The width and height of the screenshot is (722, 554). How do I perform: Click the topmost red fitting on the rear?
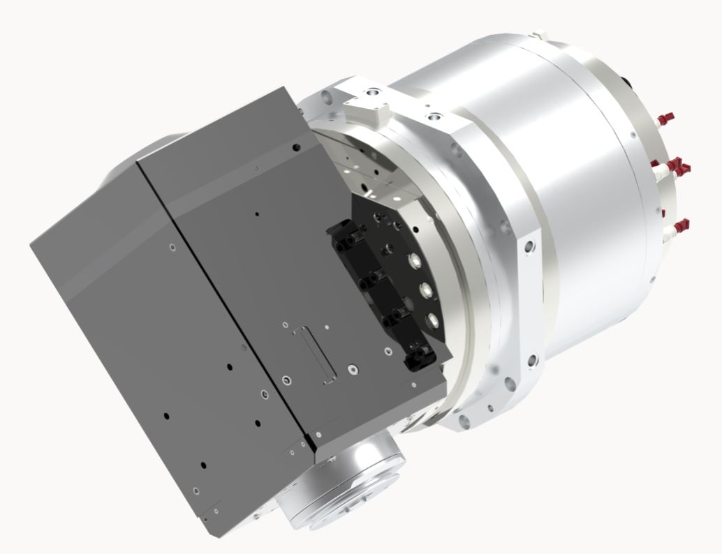pyautogui.click(x=670, y=114)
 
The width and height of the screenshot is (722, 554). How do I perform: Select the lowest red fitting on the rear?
pyautogui.click(x=683, y=224)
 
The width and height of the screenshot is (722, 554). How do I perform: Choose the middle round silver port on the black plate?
pyautogui.click(x=424, y=290)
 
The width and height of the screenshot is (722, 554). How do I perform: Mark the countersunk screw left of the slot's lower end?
pyautogui.click(x=286, y=380)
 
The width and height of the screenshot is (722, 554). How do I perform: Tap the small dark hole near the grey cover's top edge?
pyautogui.click(x=297, y=147)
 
